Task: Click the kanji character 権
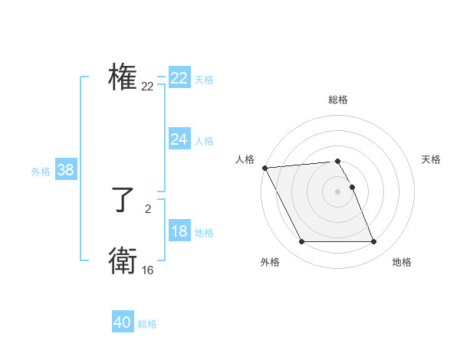[x=123, y=78]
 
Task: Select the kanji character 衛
[x=123, y=260]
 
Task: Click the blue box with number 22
[x=179, y=78]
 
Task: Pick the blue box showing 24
[x=179, y=139]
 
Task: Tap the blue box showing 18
[x=179, y=232]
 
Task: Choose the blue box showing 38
[x=65, y=170]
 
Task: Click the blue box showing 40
[x=123, y=322]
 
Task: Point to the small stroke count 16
[x=147, y=270]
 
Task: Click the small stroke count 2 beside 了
[x=147, y=208]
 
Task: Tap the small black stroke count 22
[x=147, y=87]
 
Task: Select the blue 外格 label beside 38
[x=41, y=172]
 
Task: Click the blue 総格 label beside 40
[x=147, y=324]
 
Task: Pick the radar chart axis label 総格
[x=338, y=100]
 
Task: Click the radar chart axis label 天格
[x=431, y=159]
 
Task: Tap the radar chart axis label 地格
[x=402, y=262]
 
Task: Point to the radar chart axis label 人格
[x=245, y=159]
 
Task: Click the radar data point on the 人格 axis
[x=264, y=168]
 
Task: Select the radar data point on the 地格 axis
[x=373, y=242]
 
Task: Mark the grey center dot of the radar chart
[x=338, y=191]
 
